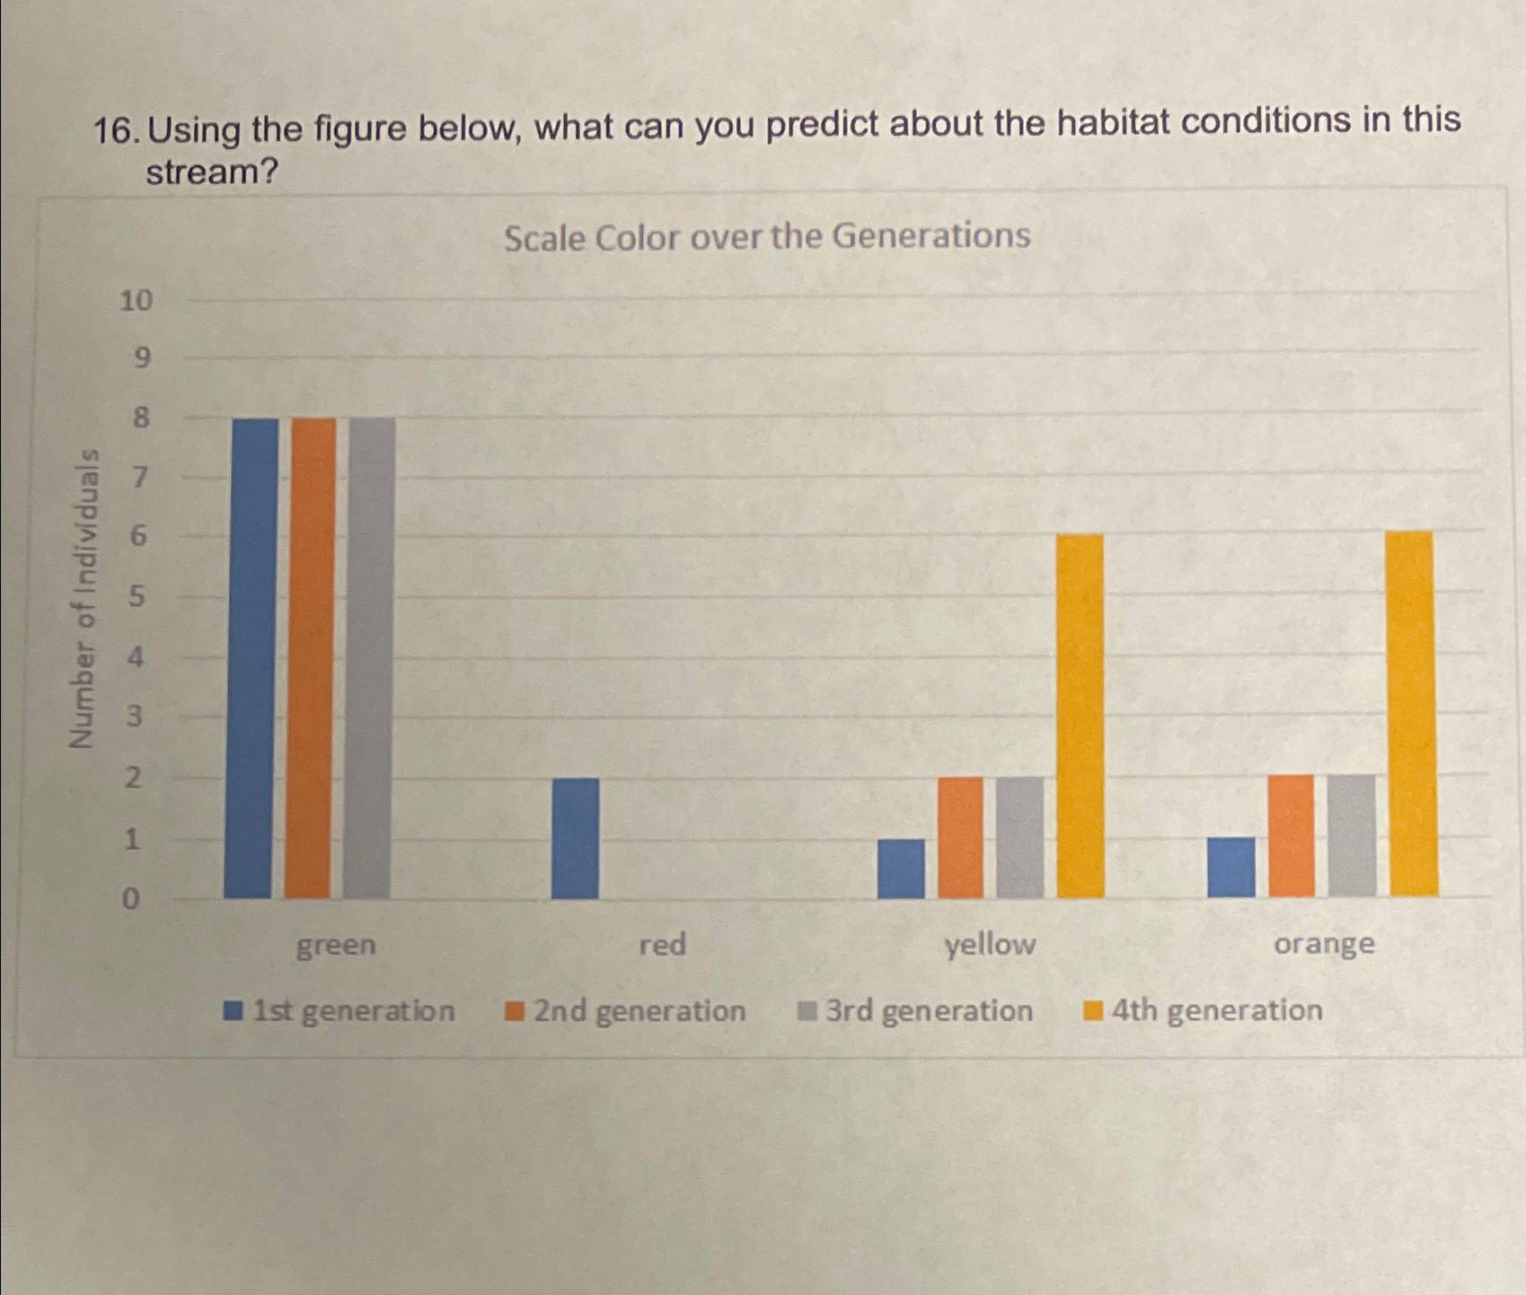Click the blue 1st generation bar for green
point(251,658)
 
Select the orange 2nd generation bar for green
point(311,658)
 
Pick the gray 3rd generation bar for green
point(368,658)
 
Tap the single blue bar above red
point(575,838)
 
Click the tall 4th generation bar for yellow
point(1081,717)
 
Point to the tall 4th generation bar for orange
point(1413,714)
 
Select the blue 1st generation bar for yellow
point(901,868)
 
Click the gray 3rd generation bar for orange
point(1352,835)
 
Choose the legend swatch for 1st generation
point(234,1011)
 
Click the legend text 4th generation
point(1216,1010)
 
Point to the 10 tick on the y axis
point(137,300)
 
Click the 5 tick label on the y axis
point(137,596)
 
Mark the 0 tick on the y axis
point(131,899)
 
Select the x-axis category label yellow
point(990,945)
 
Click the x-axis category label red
point(663,945)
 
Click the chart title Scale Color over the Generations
point(766,237)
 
